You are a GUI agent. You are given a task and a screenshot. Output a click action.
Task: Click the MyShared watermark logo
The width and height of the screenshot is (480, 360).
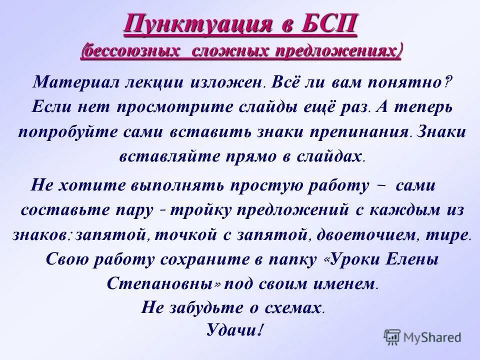pyautogui.click(x=422, y=336)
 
